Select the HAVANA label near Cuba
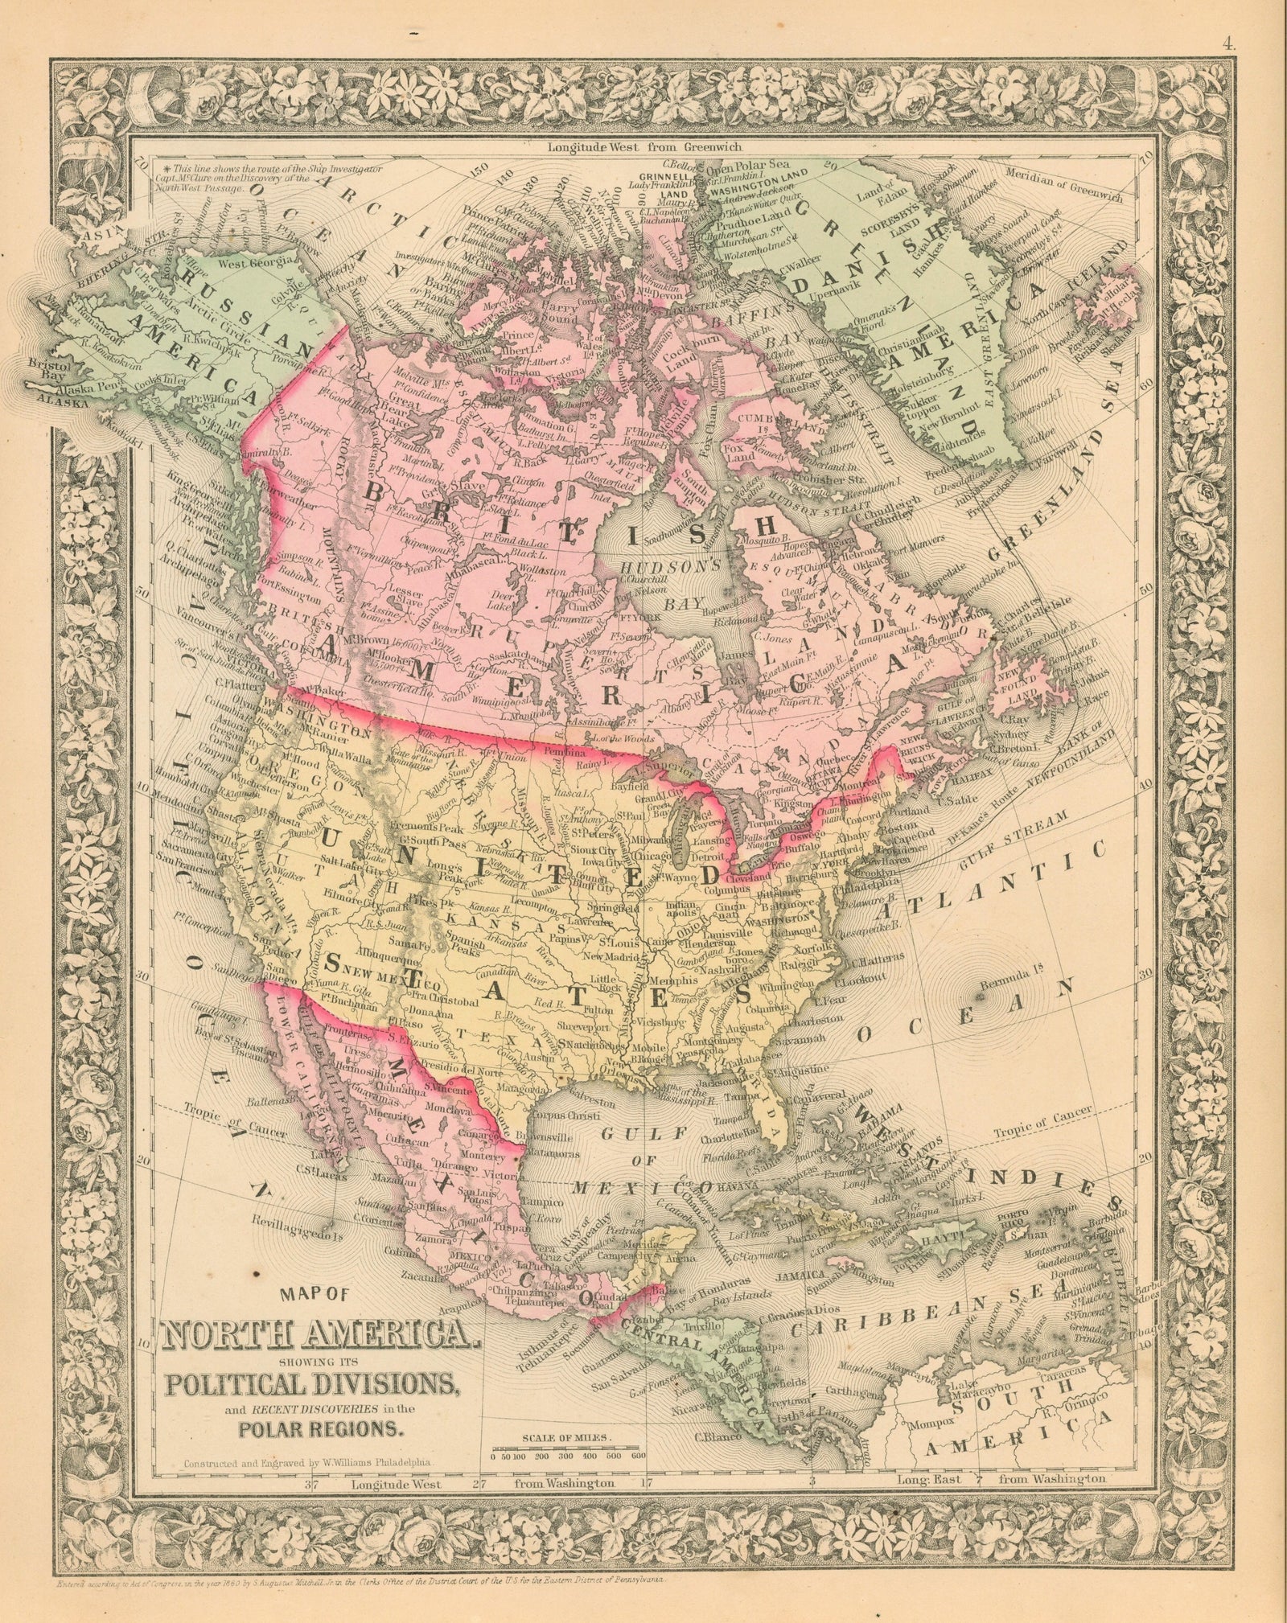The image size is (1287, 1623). (723, 1187)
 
